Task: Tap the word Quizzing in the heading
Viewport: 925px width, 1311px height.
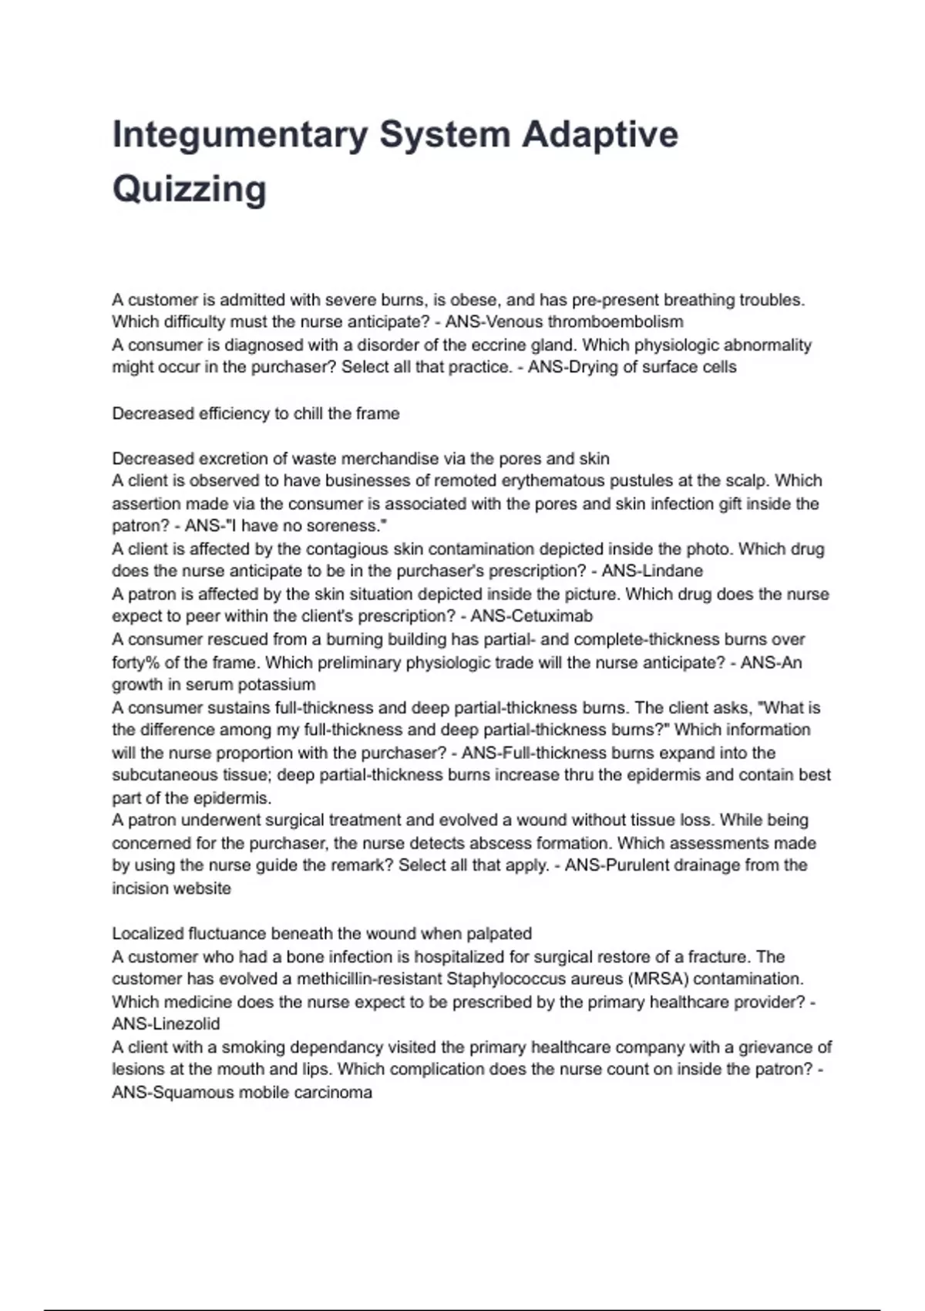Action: pyautogui.click(x=190, y=189)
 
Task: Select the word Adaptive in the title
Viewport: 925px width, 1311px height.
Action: pyautogui.click(x=600, y=135)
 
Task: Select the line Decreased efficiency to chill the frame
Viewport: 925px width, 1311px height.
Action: pyautogui.click(x=256, y=413)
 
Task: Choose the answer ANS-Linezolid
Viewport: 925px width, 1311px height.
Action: pyautogui.click(x=166, y=1024)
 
